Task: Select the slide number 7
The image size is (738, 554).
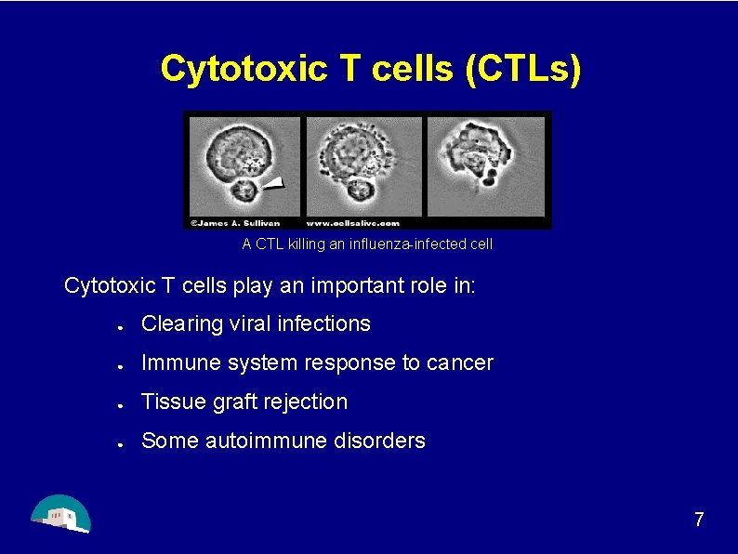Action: click(699, 520)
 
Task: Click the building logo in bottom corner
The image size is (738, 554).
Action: click(60, 513)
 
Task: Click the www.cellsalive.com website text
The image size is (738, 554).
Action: click(353, 222)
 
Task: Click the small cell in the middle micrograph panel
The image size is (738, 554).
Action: click(359, 192)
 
